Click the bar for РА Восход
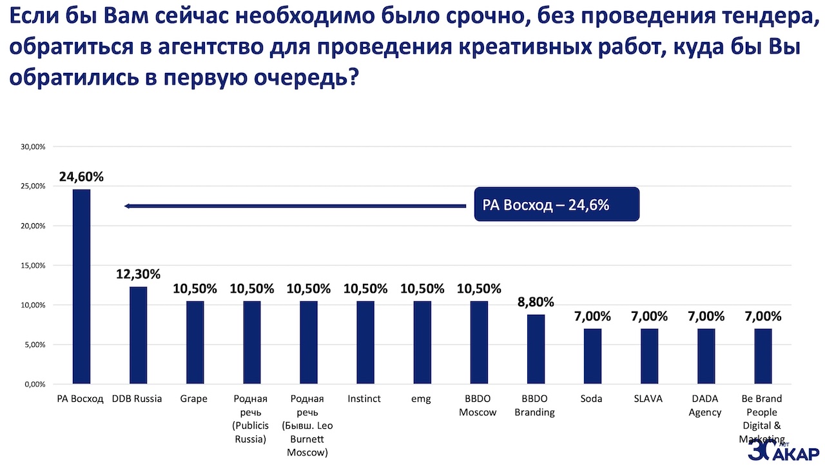pyautogui.click(x=81, y=287)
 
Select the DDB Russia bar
pyautogui.click(x=138, y=335)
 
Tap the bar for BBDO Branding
pyautogui.click(x=536, y=349)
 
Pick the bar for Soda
pyautogui.click(x=592, y=356)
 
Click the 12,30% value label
pyautogui.click(x=138, y=274)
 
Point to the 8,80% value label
pyautogui.click(x=536, y=302)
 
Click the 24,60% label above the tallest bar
pyautogui.click(x=81, y=177)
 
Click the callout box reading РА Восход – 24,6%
pyautogui.click(x=557, y=204)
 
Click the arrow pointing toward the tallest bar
pyautogui.click(x=294, y=206)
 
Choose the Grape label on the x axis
pyautogui.click(x=194, y=399)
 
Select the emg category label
pyautogui.click(x=421, y=399)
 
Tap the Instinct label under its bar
pyautogui.click(x=364, y=399)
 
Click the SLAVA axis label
pyautogui.click(x=648, y=399)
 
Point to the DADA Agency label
pyautogui.click(x=705, y=405)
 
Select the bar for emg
pyautogui.click(x=422, y=343)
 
